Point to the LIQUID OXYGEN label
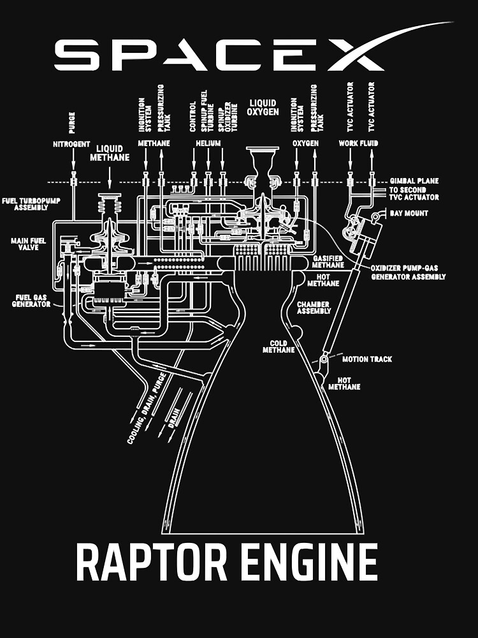pos(263,107)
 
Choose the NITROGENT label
pos(71,144)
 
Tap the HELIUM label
pos(208,144)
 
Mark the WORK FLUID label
pos(358,144)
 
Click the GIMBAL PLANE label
pos(414,181)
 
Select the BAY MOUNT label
pos(409,213)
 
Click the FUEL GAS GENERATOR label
pos(31,300)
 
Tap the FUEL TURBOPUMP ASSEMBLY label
pos(26,204)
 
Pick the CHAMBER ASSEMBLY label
pos(314,308)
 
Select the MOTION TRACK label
pos(366,359)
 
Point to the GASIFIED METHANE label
pos(328,261)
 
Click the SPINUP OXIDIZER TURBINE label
pos(222,115)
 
